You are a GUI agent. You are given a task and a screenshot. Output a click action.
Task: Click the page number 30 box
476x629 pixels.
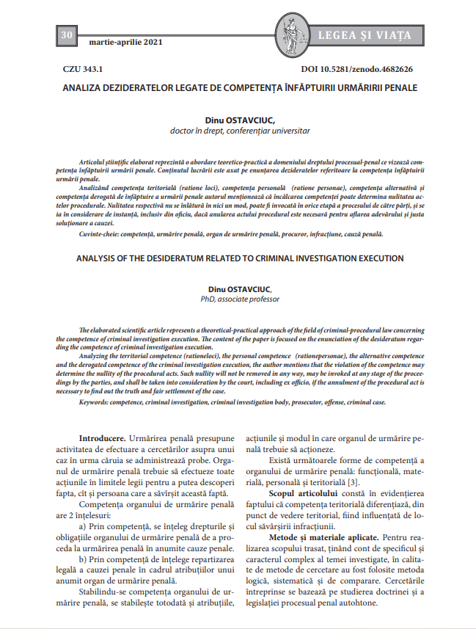pos(66,35)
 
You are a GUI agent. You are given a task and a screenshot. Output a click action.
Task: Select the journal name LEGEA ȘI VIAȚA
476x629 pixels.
pos(364,35)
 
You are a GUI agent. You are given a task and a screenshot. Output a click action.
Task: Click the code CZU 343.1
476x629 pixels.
pos(83,70)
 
